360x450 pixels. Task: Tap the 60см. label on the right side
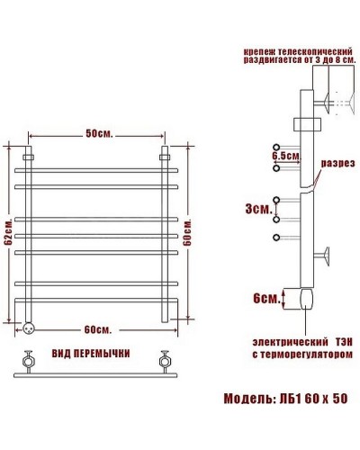coord(186,236)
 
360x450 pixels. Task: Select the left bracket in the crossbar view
coord(28,363)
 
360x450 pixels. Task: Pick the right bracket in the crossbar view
coord(165,363)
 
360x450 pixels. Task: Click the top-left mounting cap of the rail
coord(31,154)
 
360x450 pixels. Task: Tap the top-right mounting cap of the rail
coord(165,154)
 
